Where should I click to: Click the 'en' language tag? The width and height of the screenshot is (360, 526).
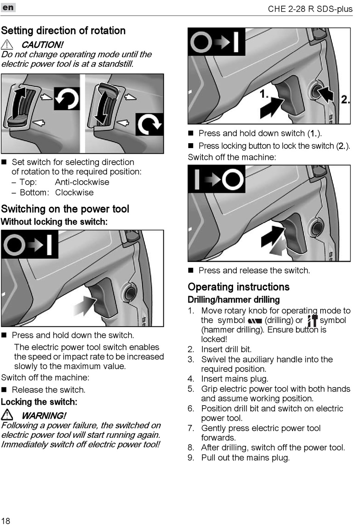coord(8,8)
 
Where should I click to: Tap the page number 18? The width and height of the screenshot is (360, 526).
coord(6,521)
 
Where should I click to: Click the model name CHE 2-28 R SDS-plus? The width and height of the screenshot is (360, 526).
coord(310,9)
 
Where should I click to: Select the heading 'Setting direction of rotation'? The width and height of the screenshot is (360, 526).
coord(63,31)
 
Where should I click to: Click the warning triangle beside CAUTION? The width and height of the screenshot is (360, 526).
coord(7,44)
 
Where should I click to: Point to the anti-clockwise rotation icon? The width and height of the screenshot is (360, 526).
coord(67,98)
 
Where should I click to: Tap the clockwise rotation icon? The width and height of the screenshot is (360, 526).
coord(149,124)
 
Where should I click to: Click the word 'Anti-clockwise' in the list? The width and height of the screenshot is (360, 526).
coord(82,182)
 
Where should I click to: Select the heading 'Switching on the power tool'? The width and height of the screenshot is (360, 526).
coord(65,209)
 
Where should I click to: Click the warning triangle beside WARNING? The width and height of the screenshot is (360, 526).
coord(7,415)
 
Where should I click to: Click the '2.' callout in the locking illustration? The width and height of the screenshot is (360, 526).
coord(345,100)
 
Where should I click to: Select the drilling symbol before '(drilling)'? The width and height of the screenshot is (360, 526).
coord(255,321)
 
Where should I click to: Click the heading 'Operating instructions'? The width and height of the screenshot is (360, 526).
coord(238,287)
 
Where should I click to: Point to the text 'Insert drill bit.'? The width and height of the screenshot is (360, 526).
coord(226,349)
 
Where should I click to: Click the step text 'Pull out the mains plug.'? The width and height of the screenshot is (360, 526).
coord(245,457)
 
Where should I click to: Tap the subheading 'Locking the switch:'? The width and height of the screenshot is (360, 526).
coord(39,402)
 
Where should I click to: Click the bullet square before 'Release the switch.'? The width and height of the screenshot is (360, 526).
coord(4,390)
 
